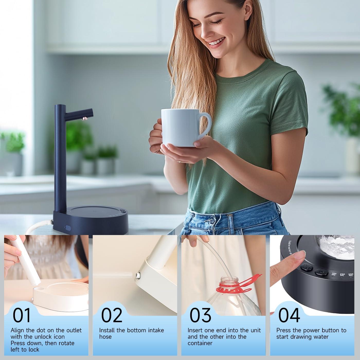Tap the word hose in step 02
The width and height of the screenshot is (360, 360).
(x=105, y=337)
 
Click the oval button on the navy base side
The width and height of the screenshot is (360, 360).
(x=68, y=228)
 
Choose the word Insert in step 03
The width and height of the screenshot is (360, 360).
(x=195, y=330)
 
